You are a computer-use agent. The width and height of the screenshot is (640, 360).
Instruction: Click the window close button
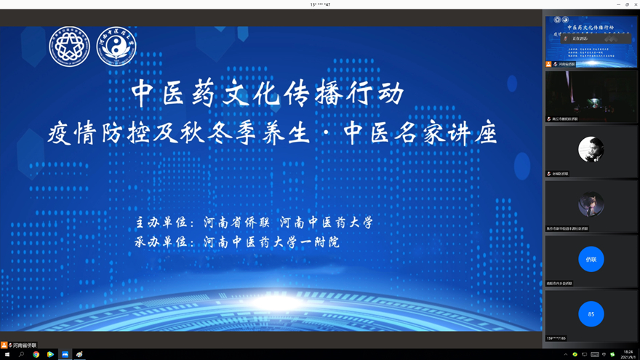[635, 4]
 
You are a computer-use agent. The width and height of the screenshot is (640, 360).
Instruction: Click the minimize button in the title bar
[617, 4]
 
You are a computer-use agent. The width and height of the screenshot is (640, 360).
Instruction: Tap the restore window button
[626, 4]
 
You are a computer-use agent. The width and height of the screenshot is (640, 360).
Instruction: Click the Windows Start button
[7, 354]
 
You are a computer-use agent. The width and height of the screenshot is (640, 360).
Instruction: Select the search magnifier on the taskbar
[21, 354]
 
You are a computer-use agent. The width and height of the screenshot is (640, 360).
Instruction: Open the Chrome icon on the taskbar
[36, 354]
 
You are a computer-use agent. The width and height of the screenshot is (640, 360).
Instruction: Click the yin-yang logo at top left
[116, 47]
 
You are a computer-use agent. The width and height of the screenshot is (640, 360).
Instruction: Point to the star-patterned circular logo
[69, 47]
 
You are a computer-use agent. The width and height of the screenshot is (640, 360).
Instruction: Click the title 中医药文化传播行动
[268, 93]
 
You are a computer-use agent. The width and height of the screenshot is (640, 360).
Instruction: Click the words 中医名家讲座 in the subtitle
[420, 133]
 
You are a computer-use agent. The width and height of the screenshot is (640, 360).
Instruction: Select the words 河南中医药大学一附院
[271, 241]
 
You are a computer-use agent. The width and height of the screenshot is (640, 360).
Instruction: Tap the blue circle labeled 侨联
[591, 259]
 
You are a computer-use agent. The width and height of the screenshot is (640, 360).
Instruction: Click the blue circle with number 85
[591, 314]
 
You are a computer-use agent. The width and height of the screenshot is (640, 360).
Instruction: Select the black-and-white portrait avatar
[591, 150]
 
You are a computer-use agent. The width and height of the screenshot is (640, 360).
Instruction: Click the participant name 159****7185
[556, 338]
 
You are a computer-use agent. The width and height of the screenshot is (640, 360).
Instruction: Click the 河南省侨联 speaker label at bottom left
[23, 345]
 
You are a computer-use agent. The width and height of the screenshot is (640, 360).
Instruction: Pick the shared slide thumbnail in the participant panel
[591, 41]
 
